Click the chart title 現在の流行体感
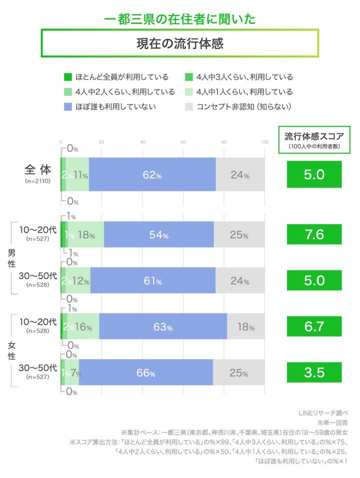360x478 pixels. [x=180, y=43]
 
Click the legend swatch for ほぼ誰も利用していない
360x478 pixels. [x=68, y=106]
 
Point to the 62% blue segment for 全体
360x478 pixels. [x=152, y=174]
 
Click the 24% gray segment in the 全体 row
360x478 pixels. [x=240, y=174]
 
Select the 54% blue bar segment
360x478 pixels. [x=158, y=235]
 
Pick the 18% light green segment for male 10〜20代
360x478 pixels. [x=86, y=235]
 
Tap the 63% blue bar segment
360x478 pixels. [x=163, y=327]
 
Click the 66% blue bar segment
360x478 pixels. [x=146, y=373]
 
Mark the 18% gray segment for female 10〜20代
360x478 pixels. [x=246, y=327]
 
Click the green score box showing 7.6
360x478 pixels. [x=314, y=235]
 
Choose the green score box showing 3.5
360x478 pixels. [x=314, y=373]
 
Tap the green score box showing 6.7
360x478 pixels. [x=314, y=327]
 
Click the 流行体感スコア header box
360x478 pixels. [x=314, y=140]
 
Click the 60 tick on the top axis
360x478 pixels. [x=183, y=143]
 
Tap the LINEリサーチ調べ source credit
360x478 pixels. [x=322, y=413]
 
